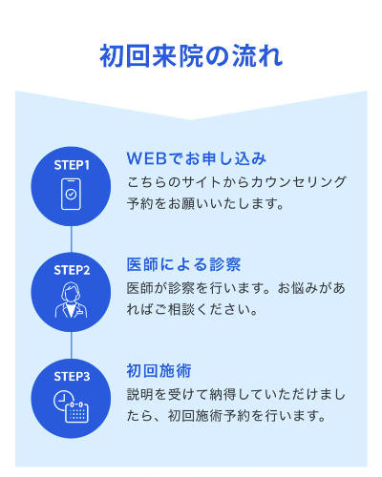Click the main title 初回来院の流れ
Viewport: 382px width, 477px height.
[x=191, y=56]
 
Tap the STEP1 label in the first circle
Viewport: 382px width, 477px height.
[x=72, y=165]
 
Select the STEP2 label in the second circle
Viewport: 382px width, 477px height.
[x=72, y=271]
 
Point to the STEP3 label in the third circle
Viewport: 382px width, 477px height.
[x=72, y=377]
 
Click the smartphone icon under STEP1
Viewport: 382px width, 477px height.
[x=71, y=194]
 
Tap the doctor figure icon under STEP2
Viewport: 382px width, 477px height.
[x=71, y=300]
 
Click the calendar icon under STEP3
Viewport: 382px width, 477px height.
[x=76, y=412]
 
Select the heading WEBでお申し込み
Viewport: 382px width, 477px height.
[x=196, y=158]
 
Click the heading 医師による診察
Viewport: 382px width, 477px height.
[x=183, y=264]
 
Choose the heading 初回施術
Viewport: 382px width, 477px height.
[x=159, y=371]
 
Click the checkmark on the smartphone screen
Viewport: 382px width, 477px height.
[x=71, y=194]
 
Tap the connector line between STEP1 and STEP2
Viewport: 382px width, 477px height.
[x=71, y=239]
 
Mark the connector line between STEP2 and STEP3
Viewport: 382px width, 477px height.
[x=71, y=345]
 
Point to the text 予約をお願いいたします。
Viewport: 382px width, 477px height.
[x=205, y=203]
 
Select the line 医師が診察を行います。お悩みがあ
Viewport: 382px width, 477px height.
[x=236, y=288]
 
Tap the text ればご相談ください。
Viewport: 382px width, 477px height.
[x=192, y=309]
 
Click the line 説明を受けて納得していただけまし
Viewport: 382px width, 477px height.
[x=236, y=395]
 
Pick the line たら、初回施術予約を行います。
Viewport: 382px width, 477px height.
[x=226, y=416]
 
